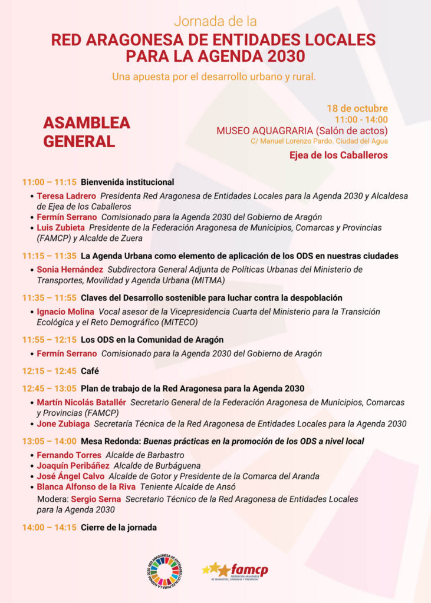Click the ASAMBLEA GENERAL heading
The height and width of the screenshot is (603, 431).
click(x=86, y=132)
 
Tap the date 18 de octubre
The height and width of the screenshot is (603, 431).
click(x=357, y=108)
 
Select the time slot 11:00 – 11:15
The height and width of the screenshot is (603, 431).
click(x=50, y=182)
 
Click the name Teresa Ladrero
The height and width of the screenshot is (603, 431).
click(x=66, y=196)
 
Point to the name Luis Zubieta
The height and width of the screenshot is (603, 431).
click(x=61, y=227)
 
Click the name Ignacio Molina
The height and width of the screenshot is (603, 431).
click(x=65, y=312)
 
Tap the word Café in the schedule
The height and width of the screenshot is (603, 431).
click(x=90, y=371)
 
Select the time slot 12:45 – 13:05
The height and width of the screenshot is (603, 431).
click(x=50, y=389)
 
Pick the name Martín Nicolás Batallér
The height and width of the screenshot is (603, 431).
click(x=81, y=402)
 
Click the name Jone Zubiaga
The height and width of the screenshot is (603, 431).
click(x=63, y=423)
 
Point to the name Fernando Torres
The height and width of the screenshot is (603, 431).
click(x=69, y=455)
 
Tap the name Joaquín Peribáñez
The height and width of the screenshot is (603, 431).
click(x=73, y=465)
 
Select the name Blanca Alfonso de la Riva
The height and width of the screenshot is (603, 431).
click(x=86, y=486)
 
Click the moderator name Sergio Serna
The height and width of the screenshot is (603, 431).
click(x=96, y=499)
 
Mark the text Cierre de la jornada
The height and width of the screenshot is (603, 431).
click(x=119, y=528)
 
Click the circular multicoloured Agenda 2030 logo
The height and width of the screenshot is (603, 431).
click(x=164, y=570)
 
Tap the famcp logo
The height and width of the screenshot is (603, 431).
click(x=235, y=571)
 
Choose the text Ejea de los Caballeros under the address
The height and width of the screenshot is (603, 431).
click(x=338, y=155)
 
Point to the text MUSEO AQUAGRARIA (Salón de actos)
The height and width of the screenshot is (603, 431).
click(x=302, y=131)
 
